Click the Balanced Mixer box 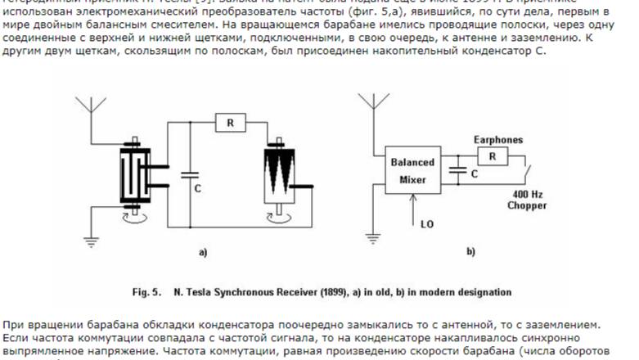(412, 171)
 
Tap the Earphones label (498, 140)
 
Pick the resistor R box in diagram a (230, 123)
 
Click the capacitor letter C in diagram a (197, 187)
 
